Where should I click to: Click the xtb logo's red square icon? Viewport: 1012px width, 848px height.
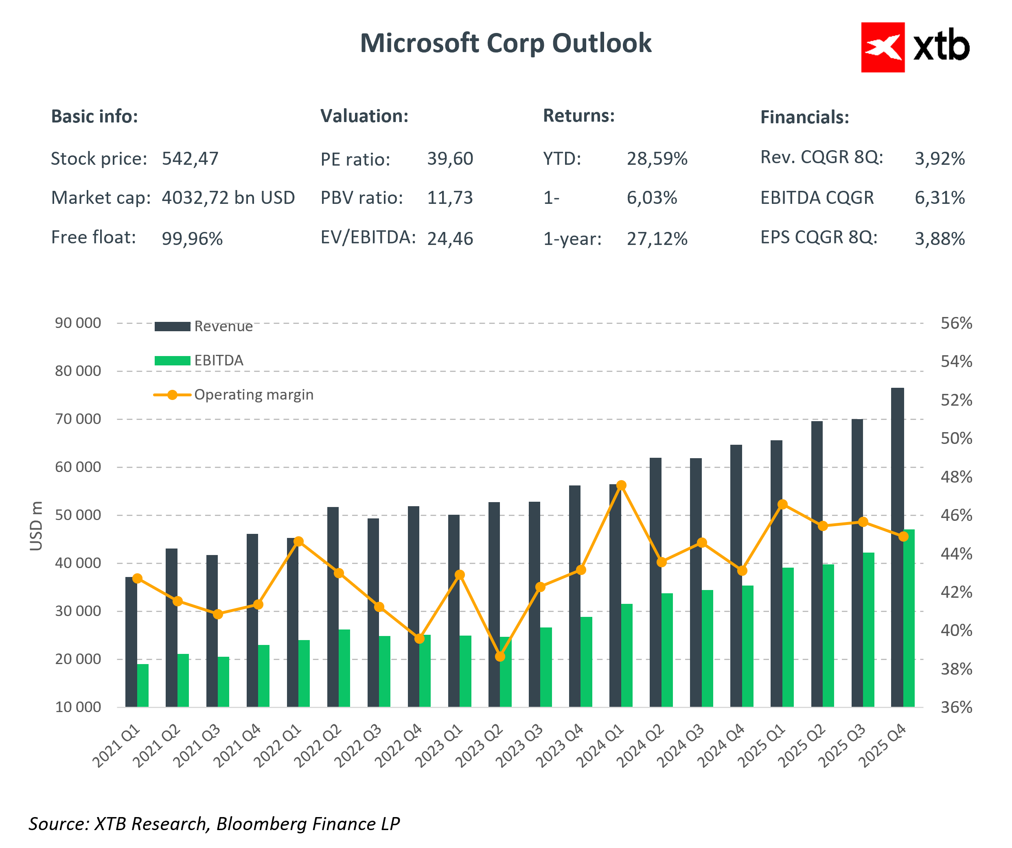tap(883, 47)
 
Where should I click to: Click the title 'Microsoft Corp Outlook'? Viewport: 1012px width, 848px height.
tap(506, 44)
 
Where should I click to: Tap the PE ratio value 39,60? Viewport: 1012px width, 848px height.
tap(449, 159)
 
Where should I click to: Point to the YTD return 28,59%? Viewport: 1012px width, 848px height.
tap(657, 159)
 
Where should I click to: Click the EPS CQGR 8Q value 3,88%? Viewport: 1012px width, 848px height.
tap(939, 238)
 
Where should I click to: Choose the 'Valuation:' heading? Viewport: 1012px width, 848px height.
tap(364, 116)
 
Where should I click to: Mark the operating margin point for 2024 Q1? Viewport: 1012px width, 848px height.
tap(621, 485)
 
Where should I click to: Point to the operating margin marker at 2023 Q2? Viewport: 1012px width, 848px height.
tap(500, 657)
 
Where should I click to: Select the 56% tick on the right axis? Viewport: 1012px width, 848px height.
tap(956, 323)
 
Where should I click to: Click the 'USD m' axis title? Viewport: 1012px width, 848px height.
tap(36, 526)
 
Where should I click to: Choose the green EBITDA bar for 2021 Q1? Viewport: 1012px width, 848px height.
tap(142, 685)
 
